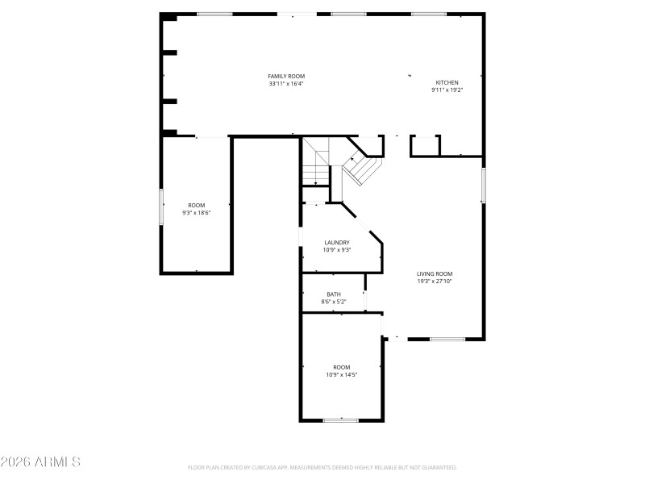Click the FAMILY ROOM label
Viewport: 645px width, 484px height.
286,76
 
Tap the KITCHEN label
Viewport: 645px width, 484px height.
447,82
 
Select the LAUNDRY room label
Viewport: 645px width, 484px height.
336,242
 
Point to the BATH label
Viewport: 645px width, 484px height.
333,294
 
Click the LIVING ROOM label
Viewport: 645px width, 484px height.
435,273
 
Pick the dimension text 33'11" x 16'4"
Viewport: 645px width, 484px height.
286,83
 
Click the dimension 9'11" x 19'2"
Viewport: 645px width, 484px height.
447,90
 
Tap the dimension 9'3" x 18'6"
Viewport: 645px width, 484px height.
196,212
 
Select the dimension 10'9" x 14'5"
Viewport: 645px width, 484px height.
341,374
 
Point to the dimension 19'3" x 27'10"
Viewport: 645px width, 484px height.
435,281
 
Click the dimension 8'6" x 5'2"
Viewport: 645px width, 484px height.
333,302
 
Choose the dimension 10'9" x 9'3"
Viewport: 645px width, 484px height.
336,249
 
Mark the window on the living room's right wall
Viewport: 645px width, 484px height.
484,185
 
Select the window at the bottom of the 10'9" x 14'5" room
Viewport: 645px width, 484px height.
340,419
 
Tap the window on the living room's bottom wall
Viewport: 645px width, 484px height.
447,339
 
